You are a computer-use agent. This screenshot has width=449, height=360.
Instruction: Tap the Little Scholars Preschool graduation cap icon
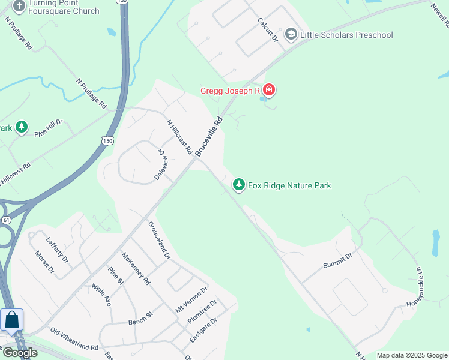click(291, 34)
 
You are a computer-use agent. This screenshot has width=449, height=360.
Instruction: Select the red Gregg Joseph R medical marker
click(269, 91)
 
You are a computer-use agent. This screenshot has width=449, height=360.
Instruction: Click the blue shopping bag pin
click(12, 320)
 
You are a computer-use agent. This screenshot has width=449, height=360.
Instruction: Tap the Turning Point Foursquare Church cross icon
click(19, 7)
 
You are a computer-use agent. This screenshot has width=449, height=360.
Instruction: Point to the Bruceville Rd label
click(209, 136)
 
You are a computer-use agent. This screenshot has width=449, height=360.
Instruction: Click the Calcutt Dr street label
click(267, 29)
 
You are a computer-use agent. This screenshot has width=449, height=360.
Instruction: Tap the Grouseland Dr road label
click(159, 240)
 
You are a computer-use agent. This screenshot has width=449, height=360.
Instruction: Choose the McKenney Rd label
click(136, 267)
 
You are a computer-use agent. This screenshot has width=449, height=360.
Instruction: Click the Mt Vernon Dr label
click(191, 299)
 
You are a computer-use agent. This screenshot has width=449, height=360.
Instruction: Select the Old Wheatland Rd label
click(74, 339)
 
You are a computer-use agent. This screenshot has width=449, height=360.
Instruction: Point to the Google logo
click(20, 353)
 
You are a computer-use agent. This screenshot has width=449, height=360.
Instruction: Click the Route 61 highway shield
click(6, 220)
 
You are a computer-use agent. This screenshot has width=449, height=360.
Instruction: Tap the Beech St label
click(141, 317)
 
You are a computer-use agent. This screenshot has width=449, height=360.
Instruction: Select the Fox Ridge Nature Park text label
click(289, 185)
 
